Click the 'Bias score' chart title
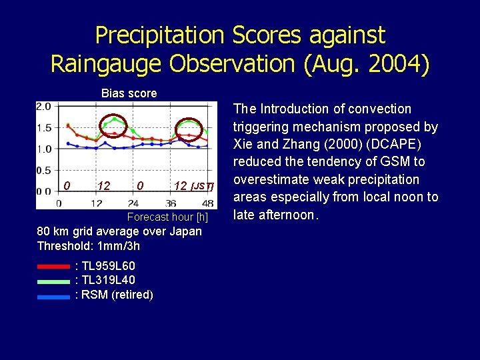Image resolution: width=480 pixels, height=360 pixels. click(129, 93)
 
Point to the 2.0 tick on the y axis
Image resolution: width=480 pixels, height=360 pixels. click(43, 107)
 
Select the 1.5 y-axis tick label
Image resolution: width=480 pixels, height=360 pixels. click(43, 127)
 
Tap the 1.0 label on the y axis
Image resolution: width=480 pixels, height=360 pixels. click(43, 149)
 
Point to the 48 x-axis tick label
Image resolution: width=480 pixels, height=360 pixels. click(209, 203)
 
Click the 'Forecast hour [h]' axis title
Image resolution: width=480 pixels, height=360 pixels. click(167, 217)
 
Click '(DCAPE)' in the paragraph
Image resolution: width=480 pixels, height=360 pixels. click(399, 144)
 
